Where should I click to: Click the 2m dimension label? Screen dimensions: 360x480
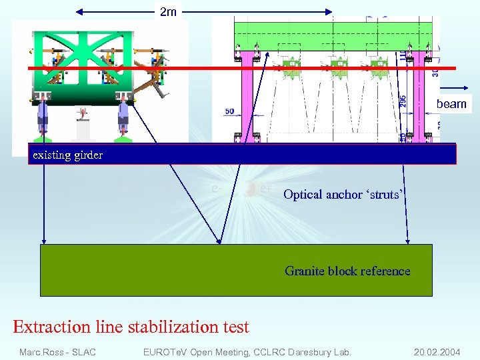click(x=168, y=11)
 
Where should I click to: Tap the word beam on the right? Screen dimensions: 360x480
click(x=451, y=104)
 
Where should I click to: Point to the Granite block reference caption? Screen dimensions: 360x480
click(x=347, y=271)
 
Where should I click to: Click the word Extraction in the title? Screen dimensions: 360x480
click(x=51, y=327)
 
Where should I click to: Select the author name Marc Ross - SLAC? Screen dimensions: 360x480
click(x=57, y=352)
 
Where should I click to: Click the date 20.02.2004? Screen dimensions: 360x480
click(x=437, y=352)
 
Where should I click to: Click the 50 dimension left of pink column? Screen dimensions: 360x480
click(x=229, y=111)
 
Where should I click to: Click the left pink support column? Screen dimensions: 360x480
click(x=246, y=93)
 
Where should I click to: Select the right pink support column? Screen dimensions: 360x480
click(x=419, y=93)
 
